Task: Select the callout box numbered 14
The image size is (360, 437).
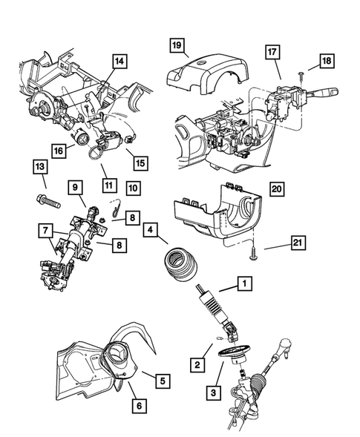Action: click(x=120, y=62)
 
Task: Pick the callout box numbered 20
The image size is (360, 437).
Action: click(x=275, y=190)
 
